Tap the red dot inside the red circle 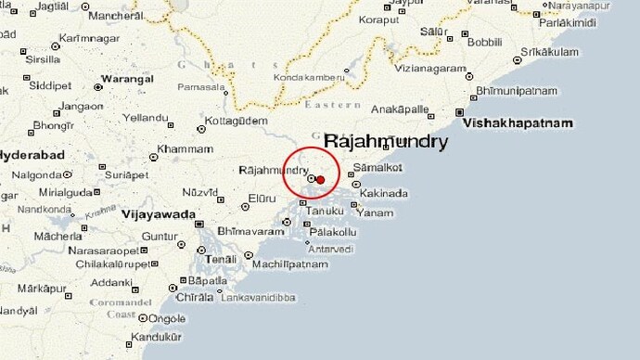[320, 179]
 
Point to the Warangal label [127, 79]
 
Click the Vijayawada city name [158, 214]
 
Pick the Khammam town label [185, 148]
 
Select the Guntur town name [159, 237]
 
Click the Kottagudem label [238, 121]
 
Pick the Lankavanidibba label [257, 297]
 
